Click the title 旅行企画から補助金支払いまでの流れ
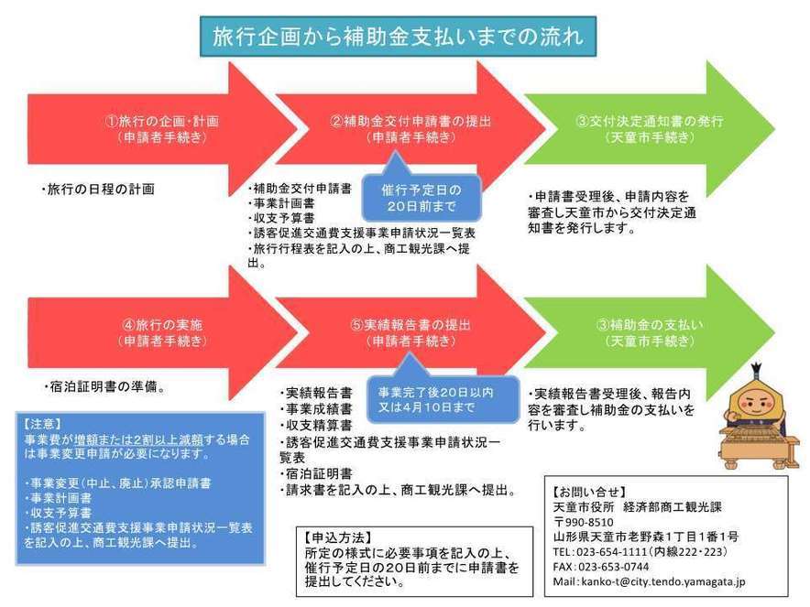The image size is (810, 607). coord(398,36)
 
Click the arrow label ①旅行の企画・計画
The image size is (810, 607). coord(162,122)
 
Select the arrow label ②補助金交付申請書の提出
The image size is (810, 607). coord(410,122)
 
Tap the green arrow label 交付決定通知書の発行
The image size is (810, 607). coord(656,122)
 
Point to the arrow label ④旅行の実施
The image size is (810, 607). coord(162,325)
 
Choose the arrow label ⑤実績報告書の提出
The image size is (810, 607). coord(410,325)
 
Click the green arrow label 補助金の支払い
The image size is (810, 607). coord(657,325)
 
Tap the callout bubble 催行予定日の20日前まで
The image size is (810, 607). coord(421,198)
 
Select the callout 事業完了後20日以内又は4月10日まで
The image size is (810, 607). coord(443,399)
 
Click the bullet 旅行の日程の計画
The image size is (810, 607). coord(98,190)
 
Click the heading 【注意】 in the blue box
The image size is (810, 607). coord(42,424)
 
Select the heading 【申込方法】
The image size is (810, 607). coord(338,537)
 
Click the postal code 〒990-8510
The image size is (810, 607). coord(584,522)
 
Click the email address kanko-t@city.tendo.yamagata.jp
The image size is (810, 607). coord(663,581)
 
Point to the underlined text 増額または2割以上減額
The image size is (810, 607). coord(138,440)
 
